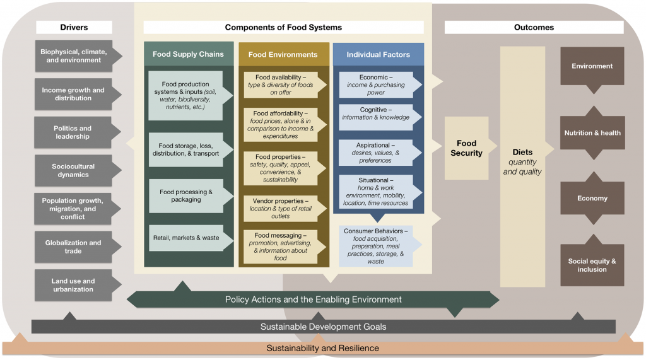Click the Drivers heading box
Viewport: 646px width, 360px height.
point(74,27)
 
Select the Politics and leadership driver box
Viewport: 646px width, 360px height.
point(72,132)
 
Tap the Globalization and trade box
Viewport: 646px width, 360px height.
point(73,247)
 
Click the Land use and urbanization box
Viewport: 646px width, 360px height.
point(73,285)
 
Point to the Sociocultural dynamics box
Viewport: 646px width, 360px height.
point(72,171)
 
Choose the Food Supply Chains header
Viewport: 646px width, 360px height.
point(187,54)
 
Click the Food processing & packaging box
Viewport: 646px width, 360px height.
point(185,195)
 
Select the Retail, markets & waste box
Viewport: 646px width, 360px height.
point(185,238)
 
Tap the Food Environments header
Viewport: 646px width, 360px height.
point(283,55)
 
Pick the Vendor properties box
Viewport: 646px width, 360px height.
point(283,208)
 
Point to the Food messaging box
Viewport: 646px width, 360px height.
point(281,247)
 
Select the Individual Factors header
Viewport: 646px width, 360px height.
point(378,55)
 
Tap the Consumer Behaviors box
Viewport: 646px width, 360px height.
point(376,246)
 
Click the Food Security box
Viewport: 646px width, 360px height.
point(466,149)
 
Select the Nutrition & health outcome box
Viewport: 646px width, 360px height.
point(592,133)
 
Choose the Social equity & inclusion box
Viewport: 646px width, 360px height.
point(592,265)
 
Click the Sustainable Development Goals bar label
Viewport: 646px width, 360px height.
point(323,327)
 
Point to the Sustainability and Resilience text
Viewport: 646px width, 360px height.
point(322,348)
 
